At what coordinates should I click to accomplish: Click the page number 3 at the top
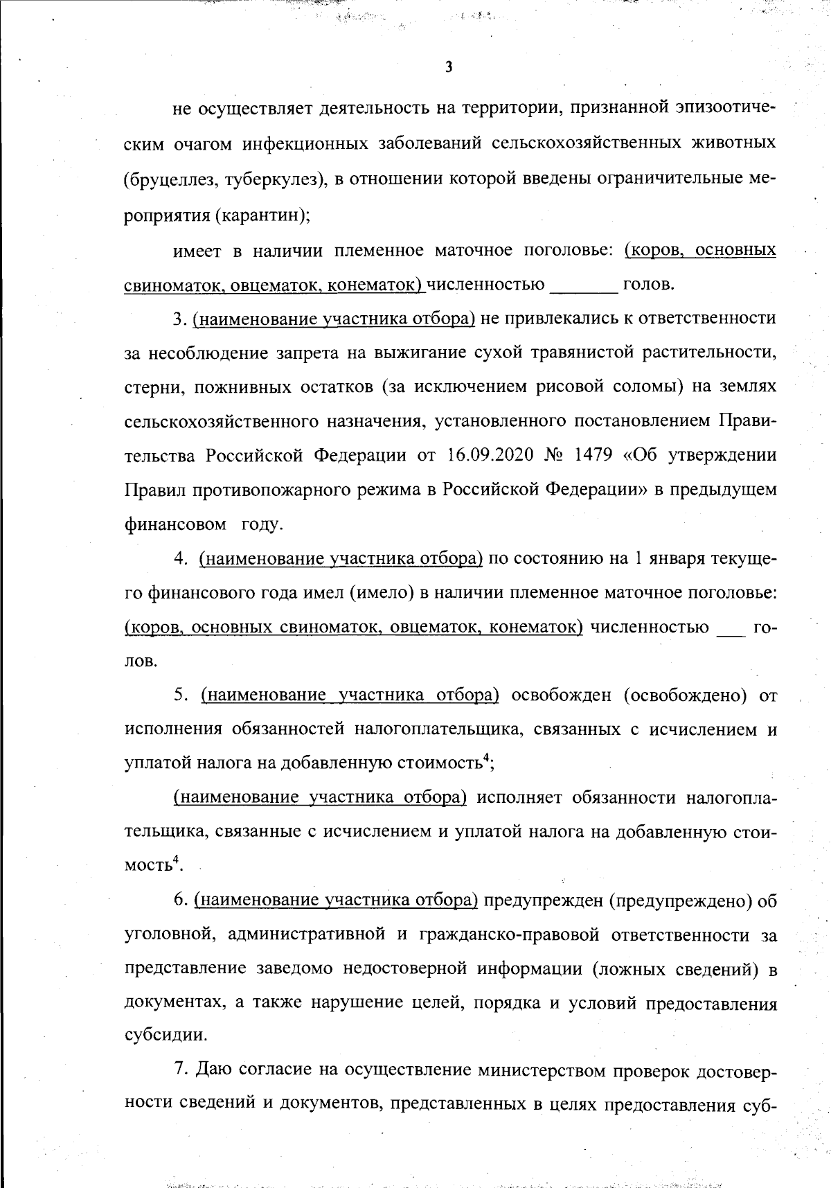pos(449,68)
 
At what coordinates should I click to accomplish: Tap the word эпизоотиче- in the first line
pos(720,109)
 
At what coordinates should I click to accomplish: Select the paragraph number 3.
pos(178,319)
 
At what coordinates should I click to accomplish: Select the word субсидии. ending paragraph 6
pos(166,1036)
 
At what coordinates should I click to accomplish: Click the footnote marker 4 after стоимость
pos(488,759)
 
